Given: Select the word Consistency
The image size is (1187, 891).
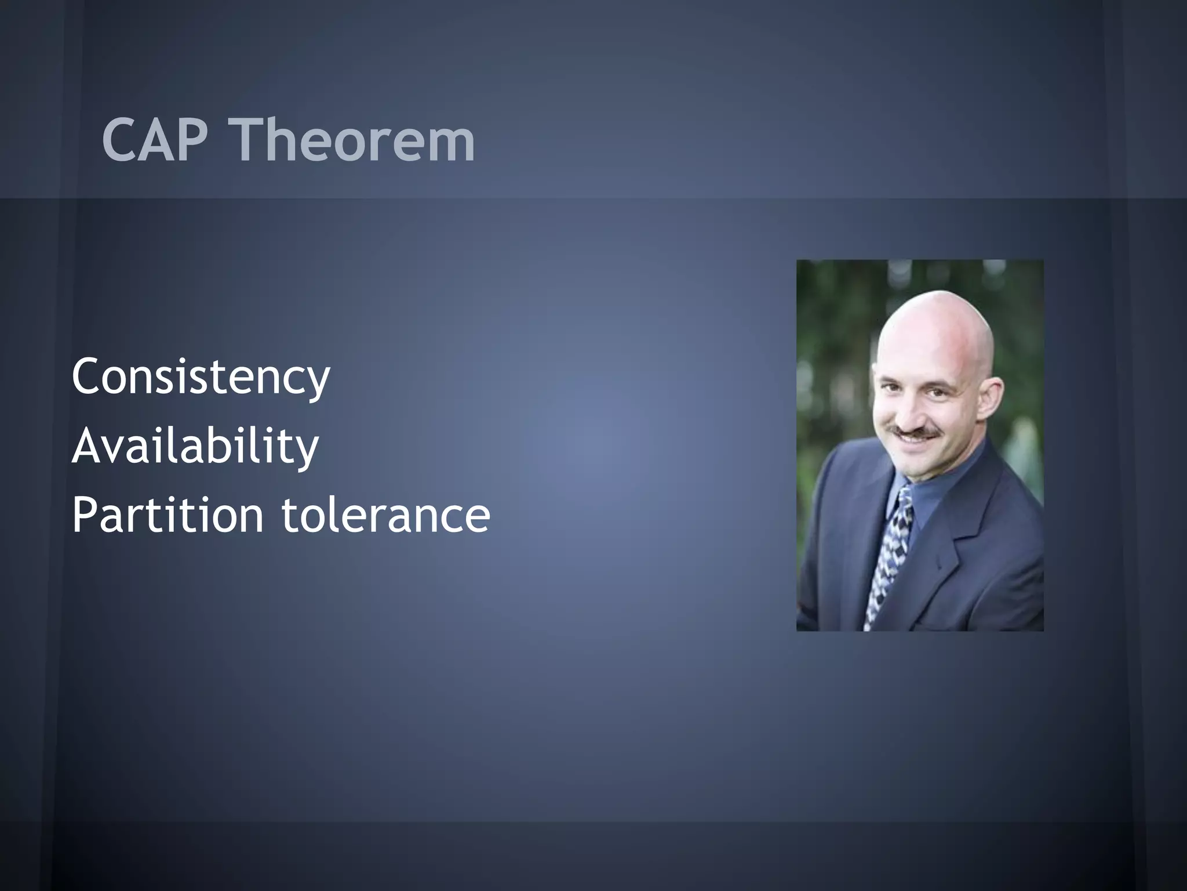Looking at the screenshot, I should [201, 378].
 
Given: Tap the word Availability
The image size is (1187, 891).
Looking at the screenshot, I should [195, 446].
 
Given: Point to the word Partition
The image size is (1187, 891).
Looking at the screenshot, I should [168, 515].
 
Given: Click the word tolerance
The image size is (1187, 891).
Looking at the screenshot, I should [386, 515].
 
